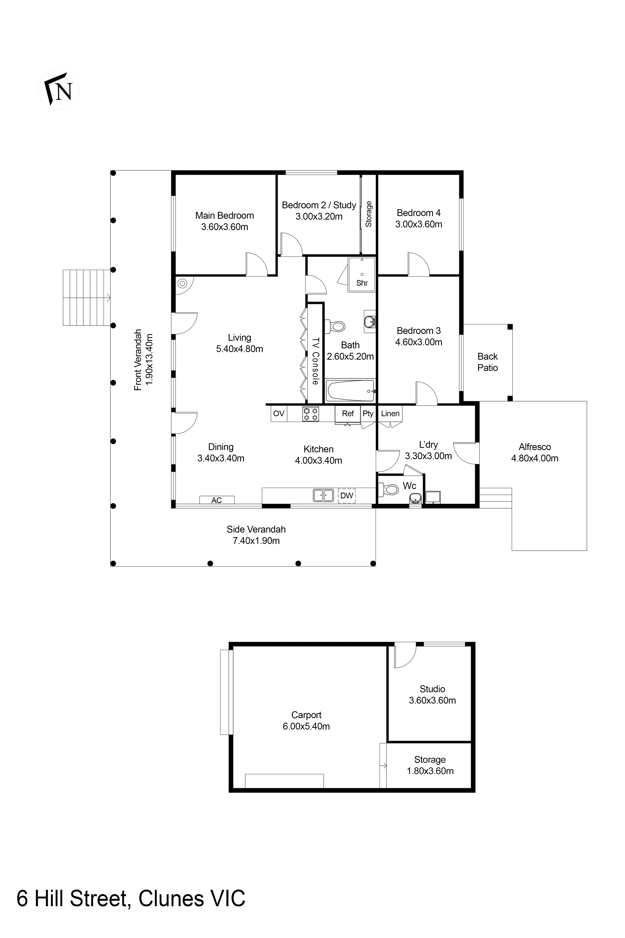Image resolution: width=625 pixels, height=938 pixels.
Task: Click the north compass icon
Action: tap(59, 89)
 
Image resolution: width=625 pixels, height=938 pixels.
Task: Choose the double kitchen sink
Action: tap(323, 495)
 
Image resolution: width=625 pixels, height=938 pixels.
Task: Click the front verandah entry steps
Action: tap(86, 298)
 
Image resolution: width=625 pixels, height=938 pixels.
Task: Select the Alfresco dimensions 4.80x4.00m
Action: tap(534, 458)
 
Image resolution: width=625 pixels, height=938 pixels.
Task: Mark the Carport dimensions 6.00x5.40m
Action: tap(306, 726)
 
